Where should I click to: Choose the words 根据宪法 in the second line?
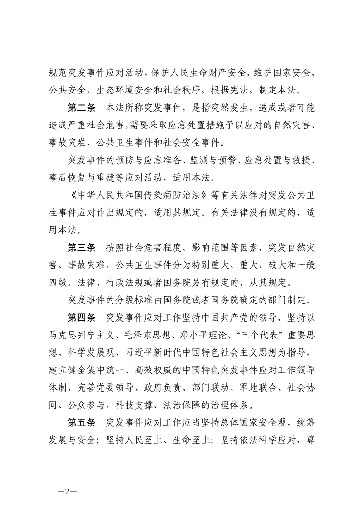252,89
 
